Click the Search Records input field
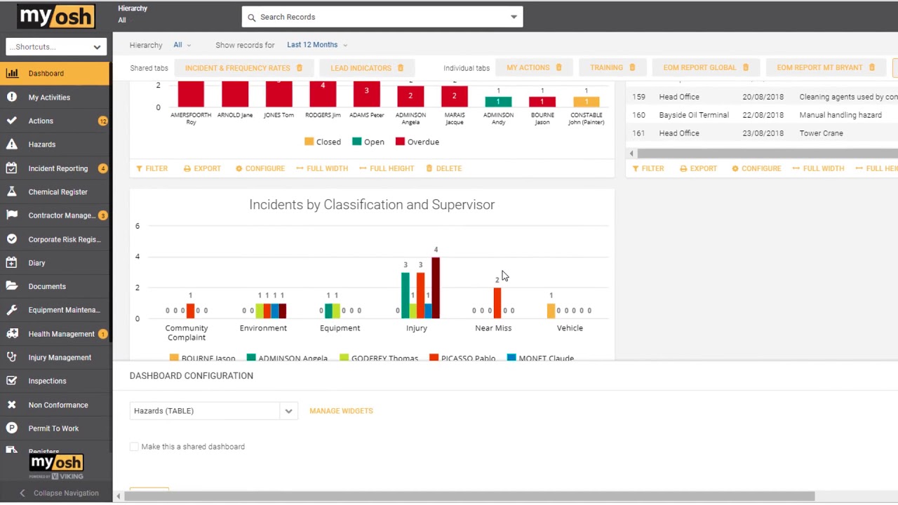[x=379, y=17]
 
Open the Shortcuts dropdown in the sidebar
[x=55, y=47]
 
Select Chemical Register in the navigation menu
[x=58, y=191]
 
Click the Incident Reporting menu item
[x=58, y=168]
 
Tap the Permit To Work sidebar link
[x=53, y=428]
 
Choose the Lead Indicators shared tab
[x=361, y=68]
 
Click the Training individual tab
[x=606, y=67]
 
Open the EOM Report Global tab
[x=699, y=67]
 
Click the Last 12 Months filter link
[x=312, y=45]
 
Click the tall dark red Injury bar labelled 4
[x=436, y=288]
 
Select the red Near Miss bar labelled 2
[x=497, y=303]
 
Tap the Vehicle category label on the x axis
[x=570, y=328]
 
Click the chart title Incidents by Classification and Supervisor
[x=372, y=205]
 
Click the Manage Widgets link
[x=341, y=411]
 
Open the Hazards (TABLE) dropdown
[x=213, y=411]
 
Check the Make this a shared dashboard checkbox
[x=134, y=447]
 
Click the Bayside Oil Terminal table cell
[x=693, y=115]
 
